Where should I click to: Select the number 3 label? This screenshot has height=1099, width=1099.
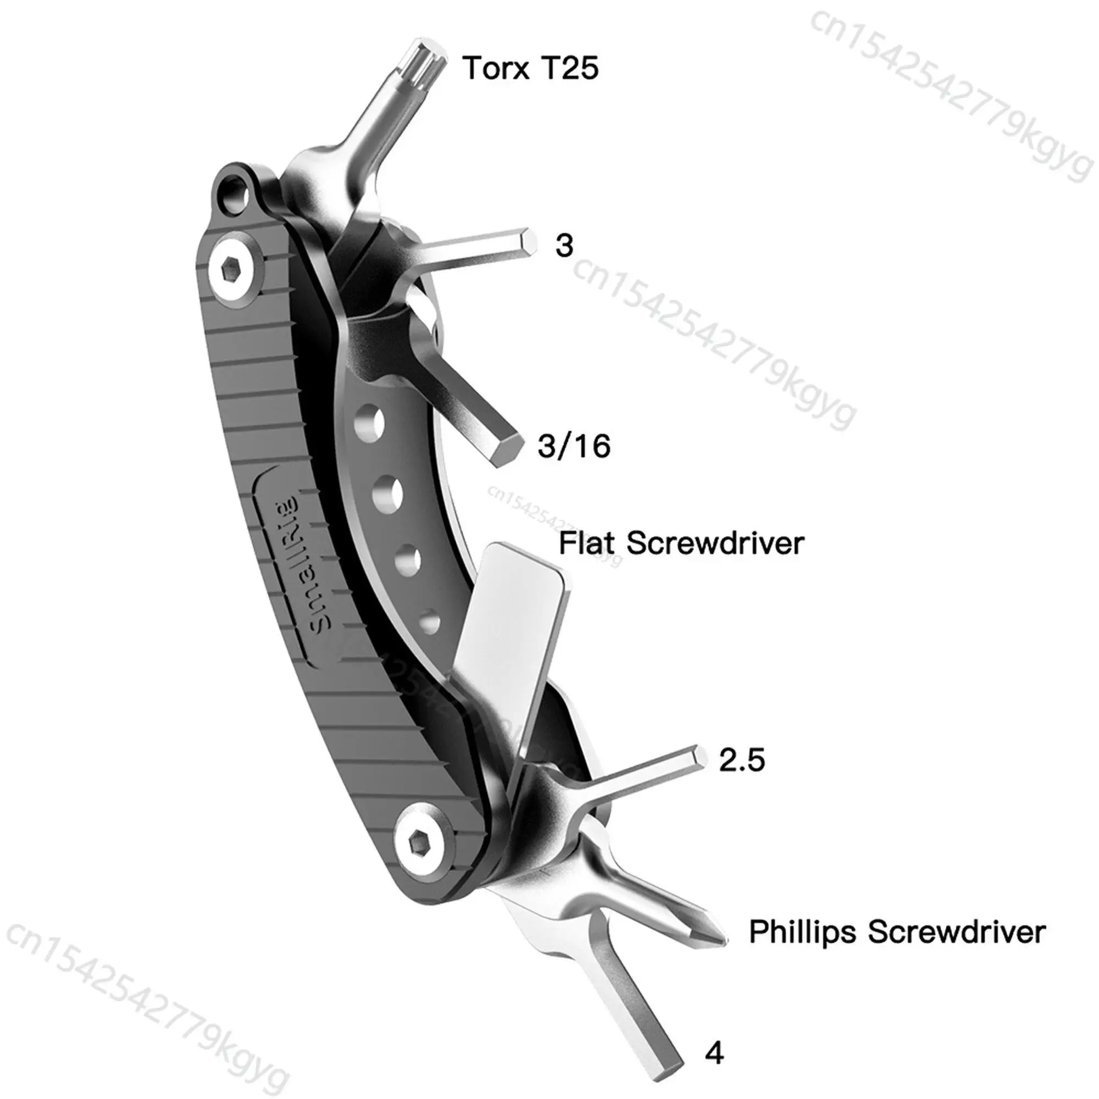[564, 246]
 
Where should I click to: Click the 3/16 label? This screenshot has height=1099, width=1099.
[574, 446]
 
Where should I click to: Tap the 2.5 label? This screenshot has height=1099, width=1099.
[742, 759]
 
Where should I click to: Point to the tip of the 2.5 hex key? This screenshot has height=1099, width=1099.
[701, 757]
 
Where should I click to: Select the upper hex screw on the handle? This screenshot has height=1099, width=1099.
[232, 267]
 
